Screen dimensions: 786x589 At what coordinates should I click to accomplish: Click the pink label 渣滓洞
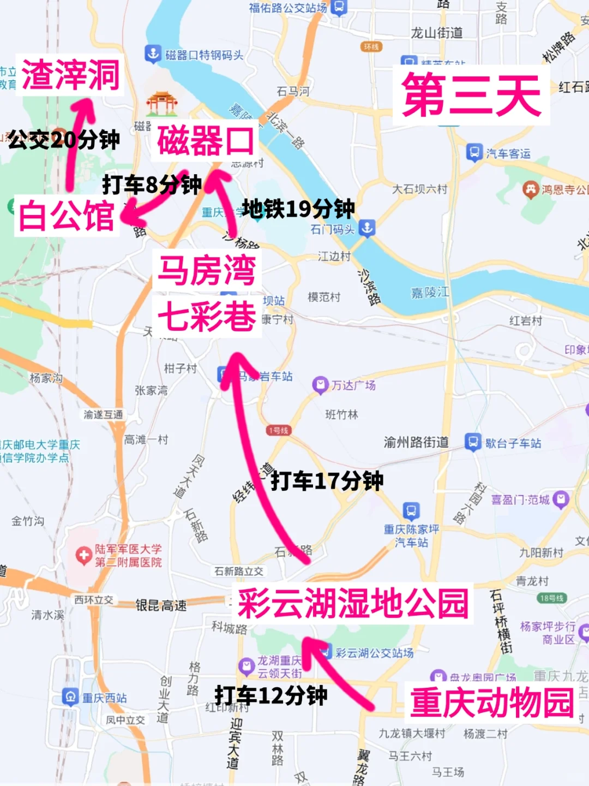tap(70, 75)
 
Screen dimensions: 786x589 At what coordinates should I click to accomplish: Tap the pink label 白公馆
tap(67, 216)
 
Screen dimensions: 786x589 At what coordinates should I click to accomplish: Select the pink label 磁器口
tap(206, 141)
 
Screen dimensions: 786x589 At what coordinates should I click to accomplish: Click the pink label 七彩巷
tap(207, 316)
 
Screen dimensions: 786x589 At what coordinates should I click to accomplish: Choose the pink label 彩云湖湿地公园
tap(353, 604)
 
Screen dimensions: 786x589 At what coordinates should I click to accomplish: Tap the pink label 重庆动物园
tap(492, 702)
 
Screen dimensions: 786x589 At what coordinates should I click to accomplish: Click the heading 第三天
tap(471, 96)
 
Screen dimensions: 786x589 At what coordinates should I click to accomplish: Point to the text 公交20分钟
tap(64, 140)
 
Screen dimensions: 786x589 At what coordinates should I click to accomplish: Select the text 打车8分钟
tap(152, 184)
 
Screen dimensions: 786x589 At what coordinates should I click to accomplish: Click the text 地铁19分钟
tap(298, 209)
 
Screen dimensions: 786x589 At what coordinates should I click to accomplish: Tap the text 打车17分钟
tap(327, 481)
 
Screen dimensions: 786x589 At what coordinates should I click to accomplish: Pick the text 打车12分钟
tap(271, 695)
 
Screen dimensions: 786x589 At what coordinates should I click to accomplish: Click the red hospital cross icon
tap(83, 556)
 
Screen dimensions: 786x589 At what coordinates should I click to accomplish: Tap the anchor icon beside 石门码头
tap(366, 228)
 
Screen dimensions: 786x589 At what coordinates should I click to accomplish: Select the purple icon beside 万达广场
tap(320, 385)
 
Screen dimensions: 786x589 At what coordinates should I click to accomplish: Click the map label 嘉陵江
tap(430, 293)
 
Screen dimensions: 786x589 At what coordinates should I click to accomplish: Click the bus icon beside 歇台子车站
tap(473, 442)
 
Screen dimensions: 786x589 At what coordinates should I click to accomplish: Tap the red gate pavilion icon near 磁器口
tap(162, 103)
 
